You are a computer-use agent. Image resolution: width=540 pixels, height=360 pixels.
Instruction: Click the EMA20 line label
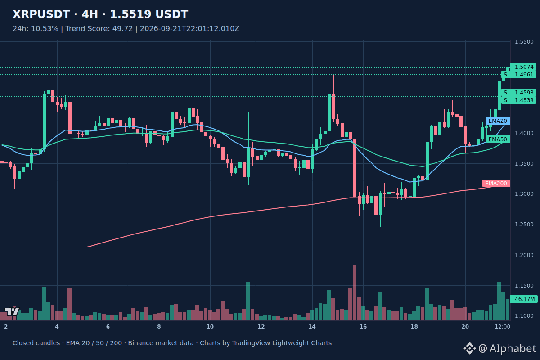click(x=498, y=121)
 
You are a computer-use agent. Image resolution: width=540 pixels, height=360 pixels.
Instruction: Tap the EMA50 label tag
click(x=498, y=139)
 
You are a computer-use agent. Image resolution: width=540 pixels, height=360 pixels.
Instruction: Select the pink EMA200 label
click(x=496, y=184)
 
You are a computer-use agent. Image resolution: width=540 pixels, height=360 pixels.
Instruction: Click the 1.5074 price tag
click(x=523, y=67)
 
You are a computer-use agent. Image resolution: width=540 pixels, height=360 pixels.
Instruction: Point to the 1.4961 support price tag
click(x=519, y=75)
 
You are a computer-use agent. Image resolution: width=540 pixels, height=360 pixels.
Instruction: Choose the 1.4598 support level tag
click(x=519, y=93)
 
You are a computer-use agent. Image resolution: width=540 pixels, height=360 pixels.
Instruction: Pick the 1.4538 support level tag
click(x=519, y=100)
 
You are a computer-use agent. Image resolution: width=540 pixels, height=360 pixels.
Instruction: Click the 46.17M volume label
click(x=524, y=299)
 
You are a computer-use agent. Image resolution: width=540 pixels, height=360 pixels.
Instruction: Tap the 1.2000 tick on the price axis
click(x=524, y=255)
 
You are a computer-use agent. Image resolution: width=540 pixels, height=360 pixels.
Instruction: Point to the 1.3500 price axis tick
click(x=524, y=164)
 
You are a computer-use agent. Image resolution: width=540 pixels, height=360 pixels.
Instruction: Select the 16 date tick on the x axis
click(x=363, y=327)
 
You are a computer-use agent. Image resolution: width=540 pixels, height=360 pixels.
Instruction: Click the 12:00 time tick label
click(x=502, y=327)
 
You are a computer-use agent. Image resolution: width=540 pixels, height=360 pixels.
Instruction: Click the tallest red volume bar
click(x=355, y=292)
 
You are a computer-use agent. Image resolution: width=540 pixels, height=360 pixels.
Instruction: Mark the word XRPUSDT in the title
click(x=41, y=14)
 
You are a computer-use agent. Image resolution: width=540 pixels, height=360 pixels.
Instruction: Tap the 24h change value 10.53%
click(x=45, y=29)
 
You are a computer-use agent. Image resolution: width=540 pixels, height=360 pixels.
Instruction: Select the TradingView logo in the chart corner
click(x=12, y=311)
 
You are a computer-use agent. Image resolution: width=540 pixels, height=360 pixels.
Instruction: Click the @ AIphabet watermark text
click(x=507, y=348)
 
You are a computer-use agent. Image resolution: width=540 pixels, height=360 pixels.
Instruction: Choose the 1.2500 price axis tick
click(x=524, y=225)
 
